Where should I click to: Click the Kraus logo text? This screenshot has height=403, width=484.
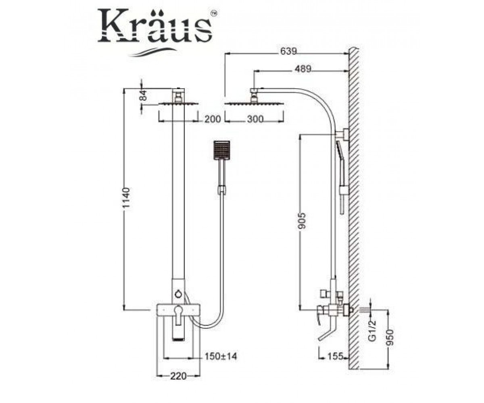(154, 25)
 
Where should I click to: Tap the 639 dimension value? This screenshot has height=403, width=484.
(288, 51)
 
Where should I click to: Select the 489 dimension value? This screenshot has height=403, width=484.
(303, 69)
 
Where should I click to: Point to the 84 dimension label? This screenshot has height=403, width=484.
(144, 95)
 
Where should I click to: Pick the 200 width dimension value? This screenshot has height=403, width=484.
(212, 119)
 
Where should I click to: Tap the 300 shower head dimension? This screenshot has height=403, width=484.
(255, 119)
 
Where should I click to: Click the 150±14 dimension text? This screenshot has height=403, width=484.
(221, 356)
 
